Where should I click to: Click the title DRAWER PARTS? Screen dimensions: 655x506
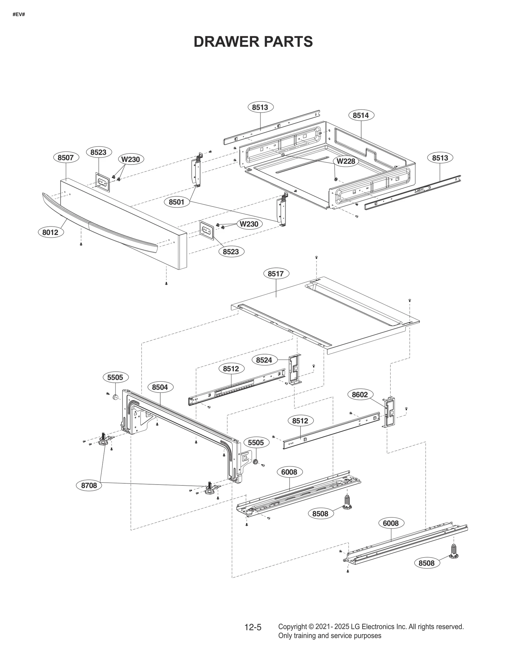[x=253, y=42]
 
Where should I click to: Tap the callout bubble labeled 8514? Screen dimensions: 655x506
[x=361, y=115]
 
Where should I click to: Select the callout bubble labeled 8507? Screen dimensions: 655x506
[x=65, y=158]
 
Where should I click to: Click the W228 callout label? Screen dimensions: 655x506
[x=346, y=161]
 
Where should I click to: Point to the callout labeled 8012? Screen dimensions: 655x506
[x=50, y=232]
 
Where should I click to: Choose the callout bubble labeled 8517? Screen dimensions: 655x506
[x=276, y=274]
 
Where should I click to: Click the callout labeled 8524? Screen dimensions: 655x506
[x=264, y=360]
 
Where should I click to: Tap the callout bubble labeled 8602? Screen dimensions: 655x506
[x=360, y=395]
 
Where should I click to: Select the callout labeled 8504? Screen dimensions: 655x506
[x=160, y=387]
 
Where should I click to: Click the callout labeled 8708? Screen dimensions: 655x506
[x=89, y=485]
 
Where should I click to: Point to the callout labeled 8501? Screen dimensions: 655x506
[x=176, y=202]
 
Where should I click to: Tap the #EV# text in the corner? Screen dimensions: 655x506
[x=19, y=15]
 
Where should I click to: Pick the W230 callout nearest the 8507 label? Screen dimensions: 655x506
[x=131, y=159]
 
